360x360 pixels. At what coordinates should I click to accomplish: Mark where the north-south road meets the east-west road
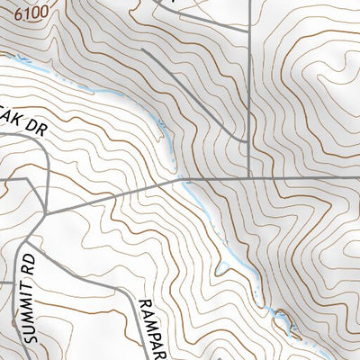click(x=247, y=178)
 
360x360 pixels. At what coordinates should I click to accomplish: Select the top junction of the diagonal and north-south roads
click(x=247, y=25)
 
